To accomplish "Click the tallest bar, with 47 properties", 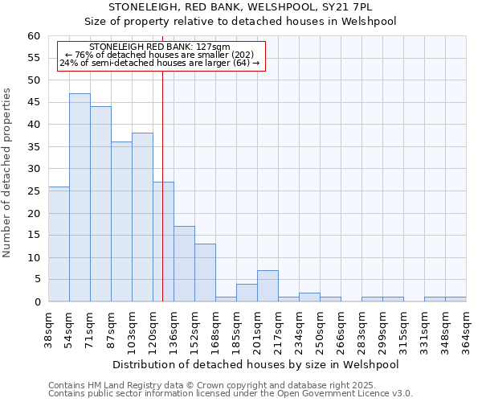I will click(x=80, y=198).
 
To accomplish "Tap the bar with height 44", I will click(x=100, y=204).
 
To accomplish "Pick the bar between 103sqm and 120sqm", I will click(x=142, y=217).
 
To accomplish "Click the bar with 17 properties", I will click(x=184, y=264).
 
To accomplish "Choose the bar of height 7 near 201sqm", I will click(x=268, y=286).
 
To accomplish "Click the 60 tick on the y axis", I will click(x=34, y=36).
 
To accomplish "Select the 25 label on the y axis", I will click(x=34, y=191).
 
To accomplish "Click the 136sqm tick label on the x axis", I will click(x=174, y=330).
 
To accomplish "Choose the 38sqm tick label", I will click(x=48, y=330).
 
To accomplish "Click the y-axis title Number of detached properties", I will click(x=9, y=173).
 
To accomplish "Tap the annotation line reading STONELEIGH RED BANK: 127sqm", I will click(x=160, y=47).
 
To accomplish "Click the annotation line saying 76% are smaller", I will click(x=160, y=55).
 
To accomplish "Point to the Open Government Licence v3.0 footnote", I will click(x=230, y=393).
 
